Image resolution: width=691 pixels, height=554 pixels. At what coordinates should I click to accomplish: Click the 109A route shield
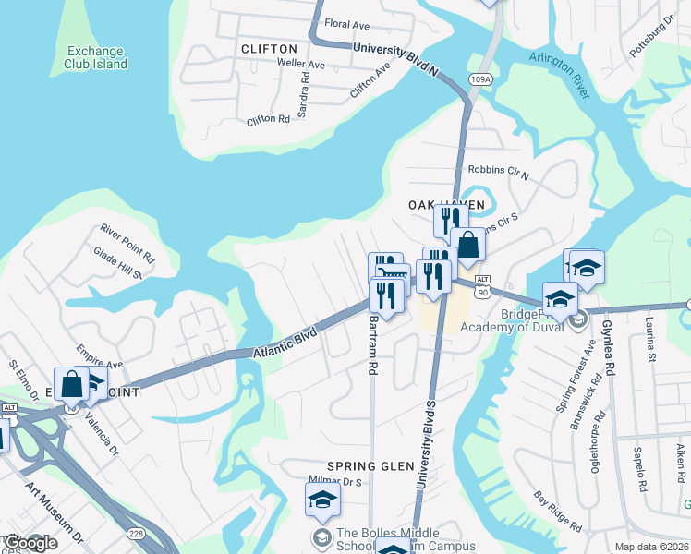tap(481, 80)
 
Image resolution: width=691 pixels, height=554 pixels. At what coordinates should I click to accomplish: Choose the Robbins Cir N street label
tap(498, 171)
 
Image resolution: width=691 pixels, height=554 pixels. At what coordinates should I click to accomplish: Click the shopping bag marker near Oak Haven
tap(467, 246)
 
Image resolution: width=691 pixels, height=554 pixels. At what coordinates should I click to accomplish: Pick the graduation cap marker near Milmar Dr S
tap(323, 500)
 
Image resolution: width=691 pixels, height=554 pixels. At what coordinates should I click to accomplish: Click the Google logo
tap(30, 544)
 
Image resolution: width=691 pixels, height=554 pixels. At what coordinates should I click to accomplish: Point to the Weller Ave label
tap(301, 65)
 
